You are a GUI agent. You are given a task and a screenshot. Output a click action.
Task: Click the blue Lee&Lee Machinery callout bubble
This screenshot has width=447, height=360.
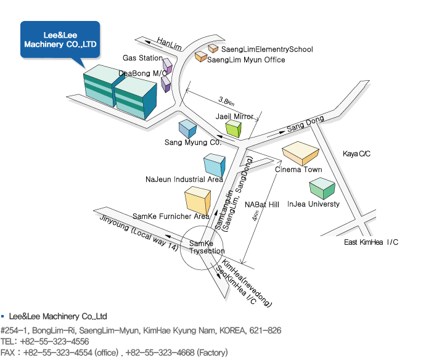pos(60,39)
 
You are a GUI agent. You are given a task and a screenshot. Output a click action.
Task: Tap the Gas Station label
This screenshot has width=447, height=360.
pos(142,58)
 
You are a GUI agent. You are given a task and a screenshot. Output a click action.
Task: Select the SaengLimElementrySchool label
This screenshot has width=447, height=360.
pos(267,49)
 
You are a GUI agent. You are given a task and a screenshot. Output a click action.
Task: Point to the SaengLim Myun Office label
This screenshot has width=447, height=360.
pos(246,60)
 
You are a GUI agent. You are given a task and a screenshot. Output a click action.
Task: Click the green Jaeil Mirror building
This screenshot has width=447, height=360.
pos(234,129)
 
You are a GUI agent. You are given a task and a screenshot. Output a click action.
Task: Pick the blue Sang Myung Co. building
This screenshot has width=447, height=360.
pos(187,129)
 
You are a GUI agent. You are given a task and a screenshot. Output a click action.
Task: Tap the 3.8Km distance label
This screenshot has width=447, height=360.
pos(227,101)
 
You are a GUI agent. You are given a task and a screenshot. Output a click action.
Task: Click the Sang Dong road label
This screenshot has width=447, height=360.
pos(305,123)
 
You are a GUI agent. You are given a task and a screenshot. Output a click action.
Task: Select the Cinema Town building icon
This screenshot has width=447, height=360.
pos(300,153)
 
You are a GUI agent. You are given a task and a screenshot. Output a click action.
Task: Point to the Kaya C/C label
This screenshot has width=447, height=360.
pos(356,154)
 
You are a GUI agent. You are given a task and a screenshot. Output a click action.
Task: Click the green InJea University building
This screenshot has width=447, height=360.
pos(322,188)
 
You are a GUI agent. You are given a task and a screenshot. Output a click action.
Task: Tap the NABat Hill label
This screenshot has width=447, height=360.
pos(262,205)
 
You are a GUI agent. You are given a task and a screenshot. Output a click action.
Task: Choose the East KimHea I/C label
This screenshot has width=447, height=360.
pos(371,242)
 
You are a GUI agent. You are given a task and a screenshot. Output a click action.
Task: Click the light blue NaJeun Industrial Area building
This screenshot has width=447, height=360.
pos(215,165)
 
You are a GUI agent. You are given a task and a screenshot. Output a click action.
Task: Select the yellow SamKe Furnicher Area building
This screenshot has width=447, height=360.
pos(197,200)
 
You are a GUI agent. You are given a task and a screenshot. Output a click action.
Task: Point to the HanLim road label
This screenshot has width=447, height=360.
pos(169,44)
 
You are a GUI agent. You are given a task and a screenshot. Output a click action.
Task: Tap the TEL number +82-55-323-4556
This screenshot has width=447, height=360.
pos(54,342)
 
